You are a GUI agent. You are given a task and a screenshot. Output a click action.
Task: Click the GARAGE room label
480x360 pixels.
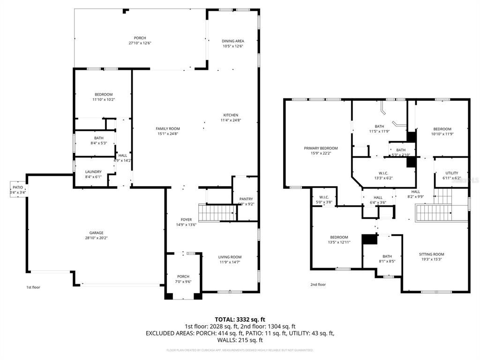(97, 233)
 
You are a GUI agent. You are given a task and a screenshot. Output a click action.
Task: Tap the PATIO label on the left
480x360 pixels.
(18, 187)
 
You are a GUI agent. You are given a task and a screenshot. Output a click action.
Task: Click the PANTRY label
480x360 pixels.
(246, 199)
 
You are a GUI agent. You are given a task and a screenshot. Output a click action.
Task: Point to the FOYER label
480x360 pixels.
(187, 219)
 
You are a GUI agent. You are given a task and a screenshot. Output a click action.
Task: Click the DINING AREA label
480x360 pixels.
(233, 41)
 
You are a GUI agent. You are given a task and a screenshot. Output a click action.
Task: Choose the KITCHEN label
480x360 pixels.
(231, 115)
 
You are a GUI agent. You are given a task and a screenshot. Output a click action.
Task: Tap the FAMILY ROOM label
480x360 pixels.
(168, 128)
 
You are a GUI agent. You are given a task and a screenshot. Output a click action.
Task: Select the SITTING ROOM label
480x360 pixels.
(431, 255)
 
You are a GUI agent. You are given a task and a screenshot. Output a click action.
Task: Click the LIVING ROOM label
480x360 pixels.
(230, 257)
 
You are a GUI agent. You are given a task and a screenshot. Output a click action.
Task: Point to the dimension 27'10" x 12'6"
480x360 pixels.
(140, 43)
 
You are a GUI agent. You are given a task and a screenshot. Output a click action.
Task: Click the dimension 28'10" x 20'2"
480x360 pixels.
(97, 238)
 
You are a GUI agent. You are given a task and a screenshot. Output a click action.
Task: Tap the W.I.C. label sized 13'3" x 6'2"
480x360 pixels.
(383, 172)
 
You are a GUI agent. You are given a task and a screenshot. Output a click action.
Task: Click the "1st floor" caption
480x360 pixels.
(33, 287)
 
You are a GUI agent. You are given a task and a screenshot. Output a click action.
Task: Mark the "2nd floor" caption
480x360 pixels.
(318, 285)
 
